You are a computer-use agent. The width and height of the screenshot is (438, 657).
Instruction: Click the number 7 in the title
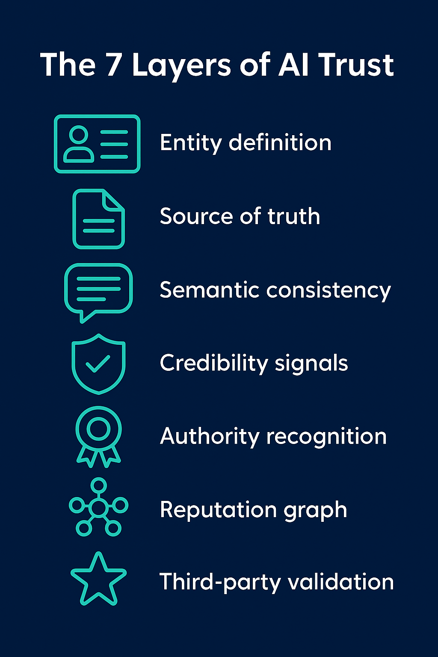tap(114, 65)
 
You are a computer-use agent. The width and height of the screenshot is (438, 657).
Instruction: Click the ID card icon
tap(97, 144)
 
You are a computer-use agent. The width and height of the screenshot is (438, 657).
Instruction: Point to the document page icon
tap(99, 219)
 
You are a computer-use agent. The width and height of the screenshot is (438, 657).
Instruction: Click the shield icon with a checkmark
tap(98, 364)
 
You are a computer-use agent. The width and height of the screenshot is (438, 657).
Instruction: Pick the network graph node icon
tap(99, 507)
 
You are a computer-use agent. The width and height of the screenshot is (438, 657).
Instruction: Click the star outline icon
tap(98, 580)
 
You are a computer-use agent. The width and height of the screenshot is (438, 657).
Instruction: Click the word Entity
tap(191, 143)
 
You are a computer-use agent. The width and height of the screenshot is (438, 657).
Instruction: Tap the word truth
tap(294, 216)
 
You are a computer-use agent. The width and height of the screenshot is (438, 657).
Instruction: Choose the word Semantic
tap(209, 290)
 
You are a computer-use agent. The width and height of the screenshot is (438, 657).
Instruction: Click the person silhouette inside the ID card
tap(79, 145)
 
